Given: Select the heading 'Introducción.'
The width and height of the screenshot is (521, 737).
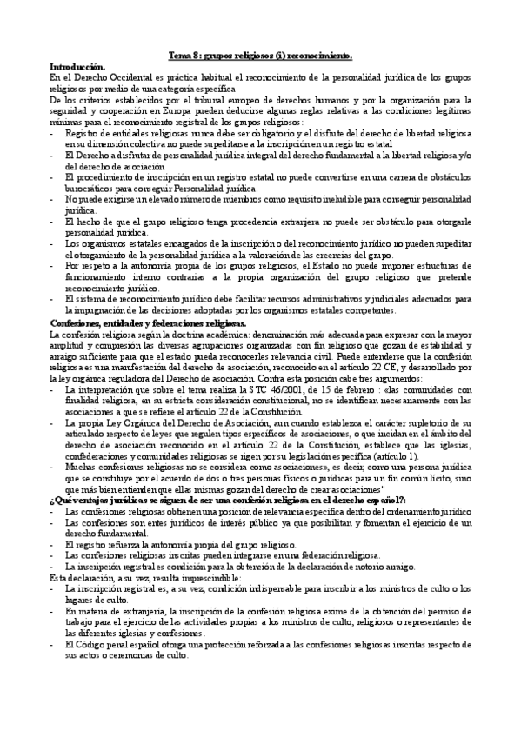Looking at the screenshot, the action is coord(77,67).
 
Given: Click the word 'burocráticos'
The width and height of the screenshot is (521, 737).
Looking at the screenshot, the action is coord(90,188).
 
